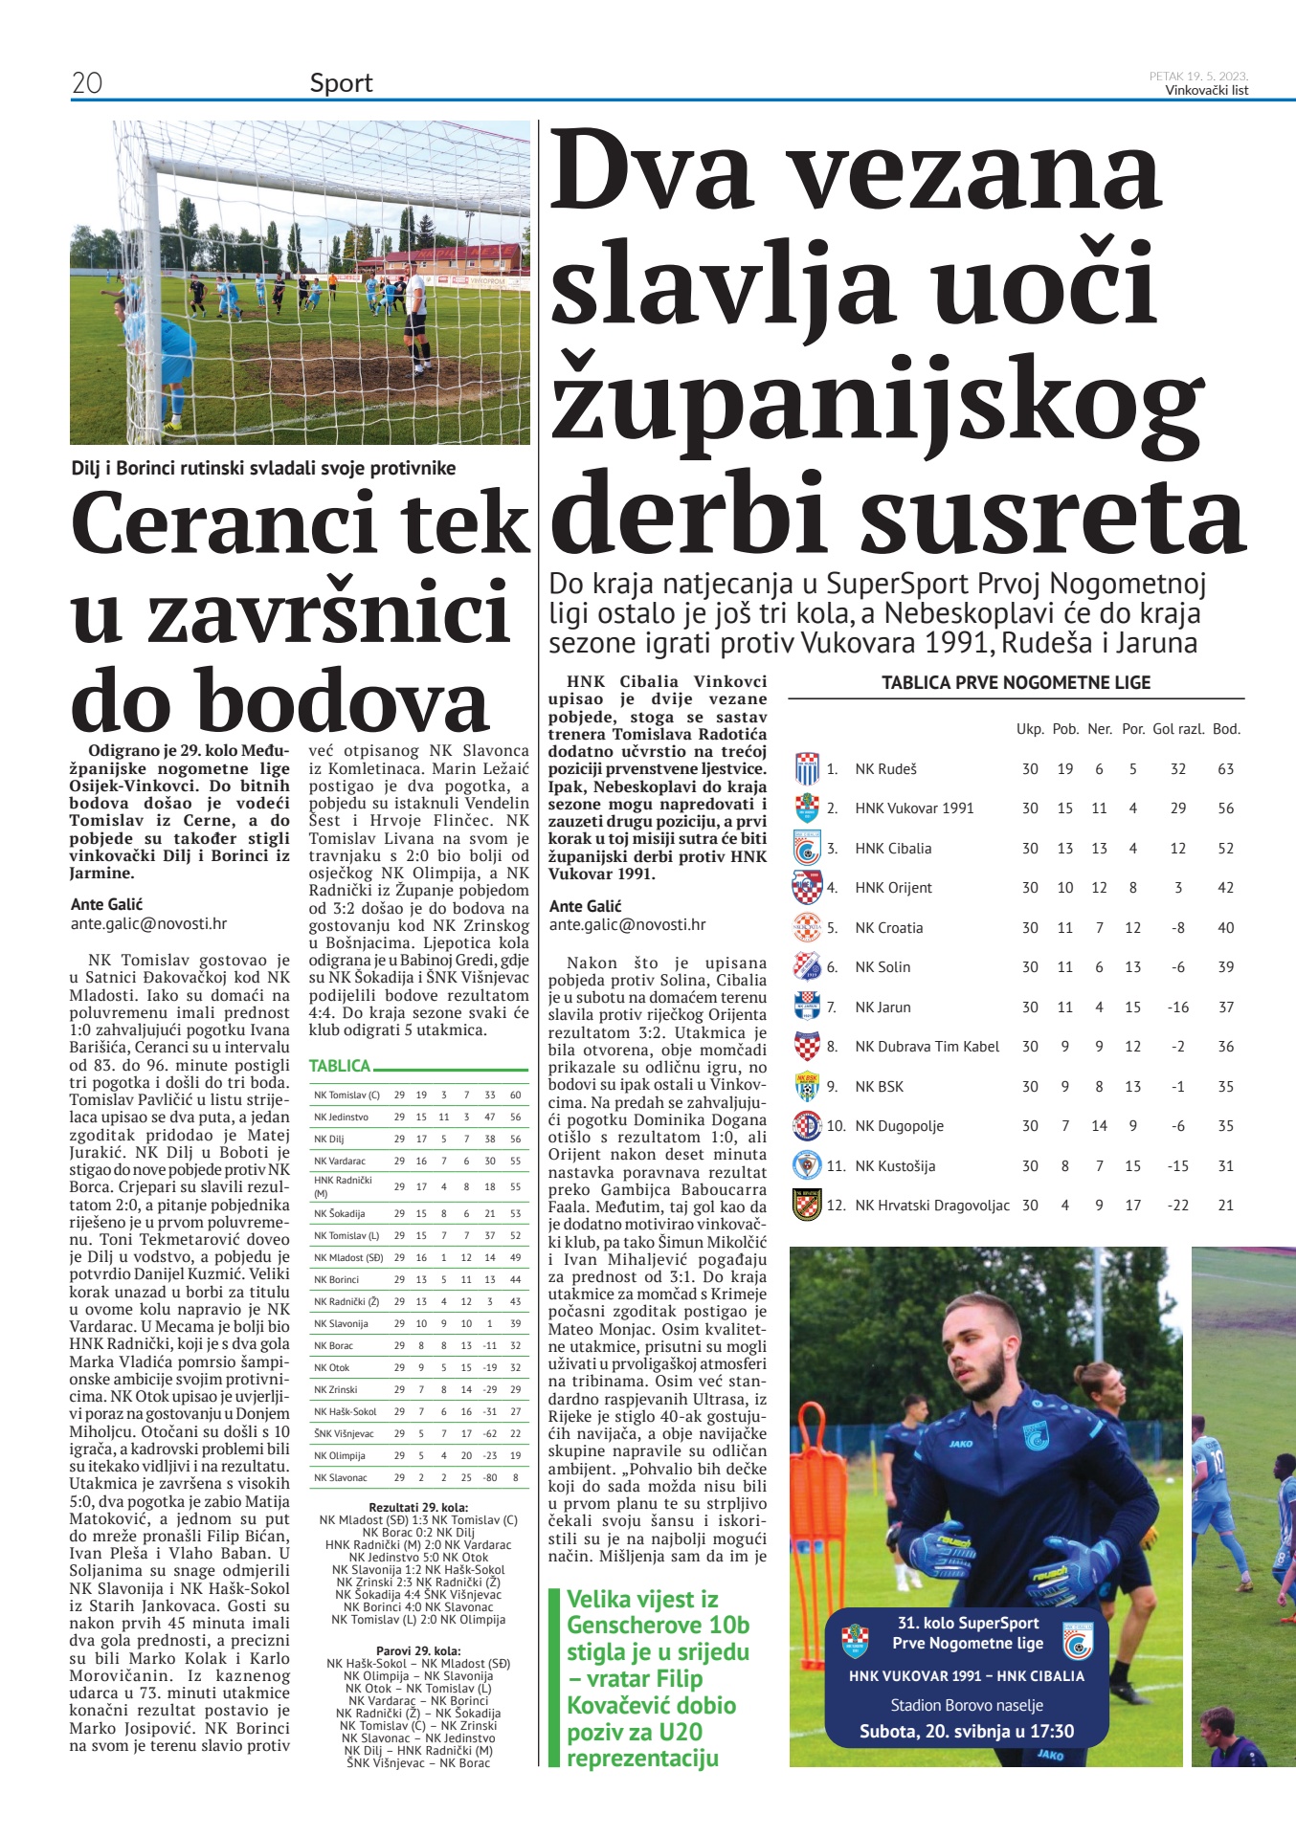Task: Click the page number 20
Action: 86,83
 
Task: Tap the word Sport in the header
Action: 341,83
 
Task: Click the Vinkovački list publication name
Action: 1206,91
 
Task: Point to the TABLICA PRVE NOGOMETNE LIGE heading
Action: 1016,683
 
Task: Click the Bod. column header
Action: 1225,729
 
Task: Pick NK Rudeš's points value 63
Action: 1225,769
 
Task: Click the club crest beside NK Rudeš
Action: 807,769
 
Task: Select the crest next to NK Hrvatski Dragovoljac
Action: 807,1205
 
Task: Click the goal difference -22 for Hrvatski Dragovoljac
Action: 1177,1206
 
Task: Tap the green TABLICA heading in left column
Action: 340,1066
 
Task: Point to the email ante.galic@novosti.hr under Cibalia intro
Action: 627,925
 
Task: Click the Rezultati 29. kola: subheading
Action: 418,1508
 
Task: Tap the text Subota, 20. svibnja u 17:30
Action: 966,1731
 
